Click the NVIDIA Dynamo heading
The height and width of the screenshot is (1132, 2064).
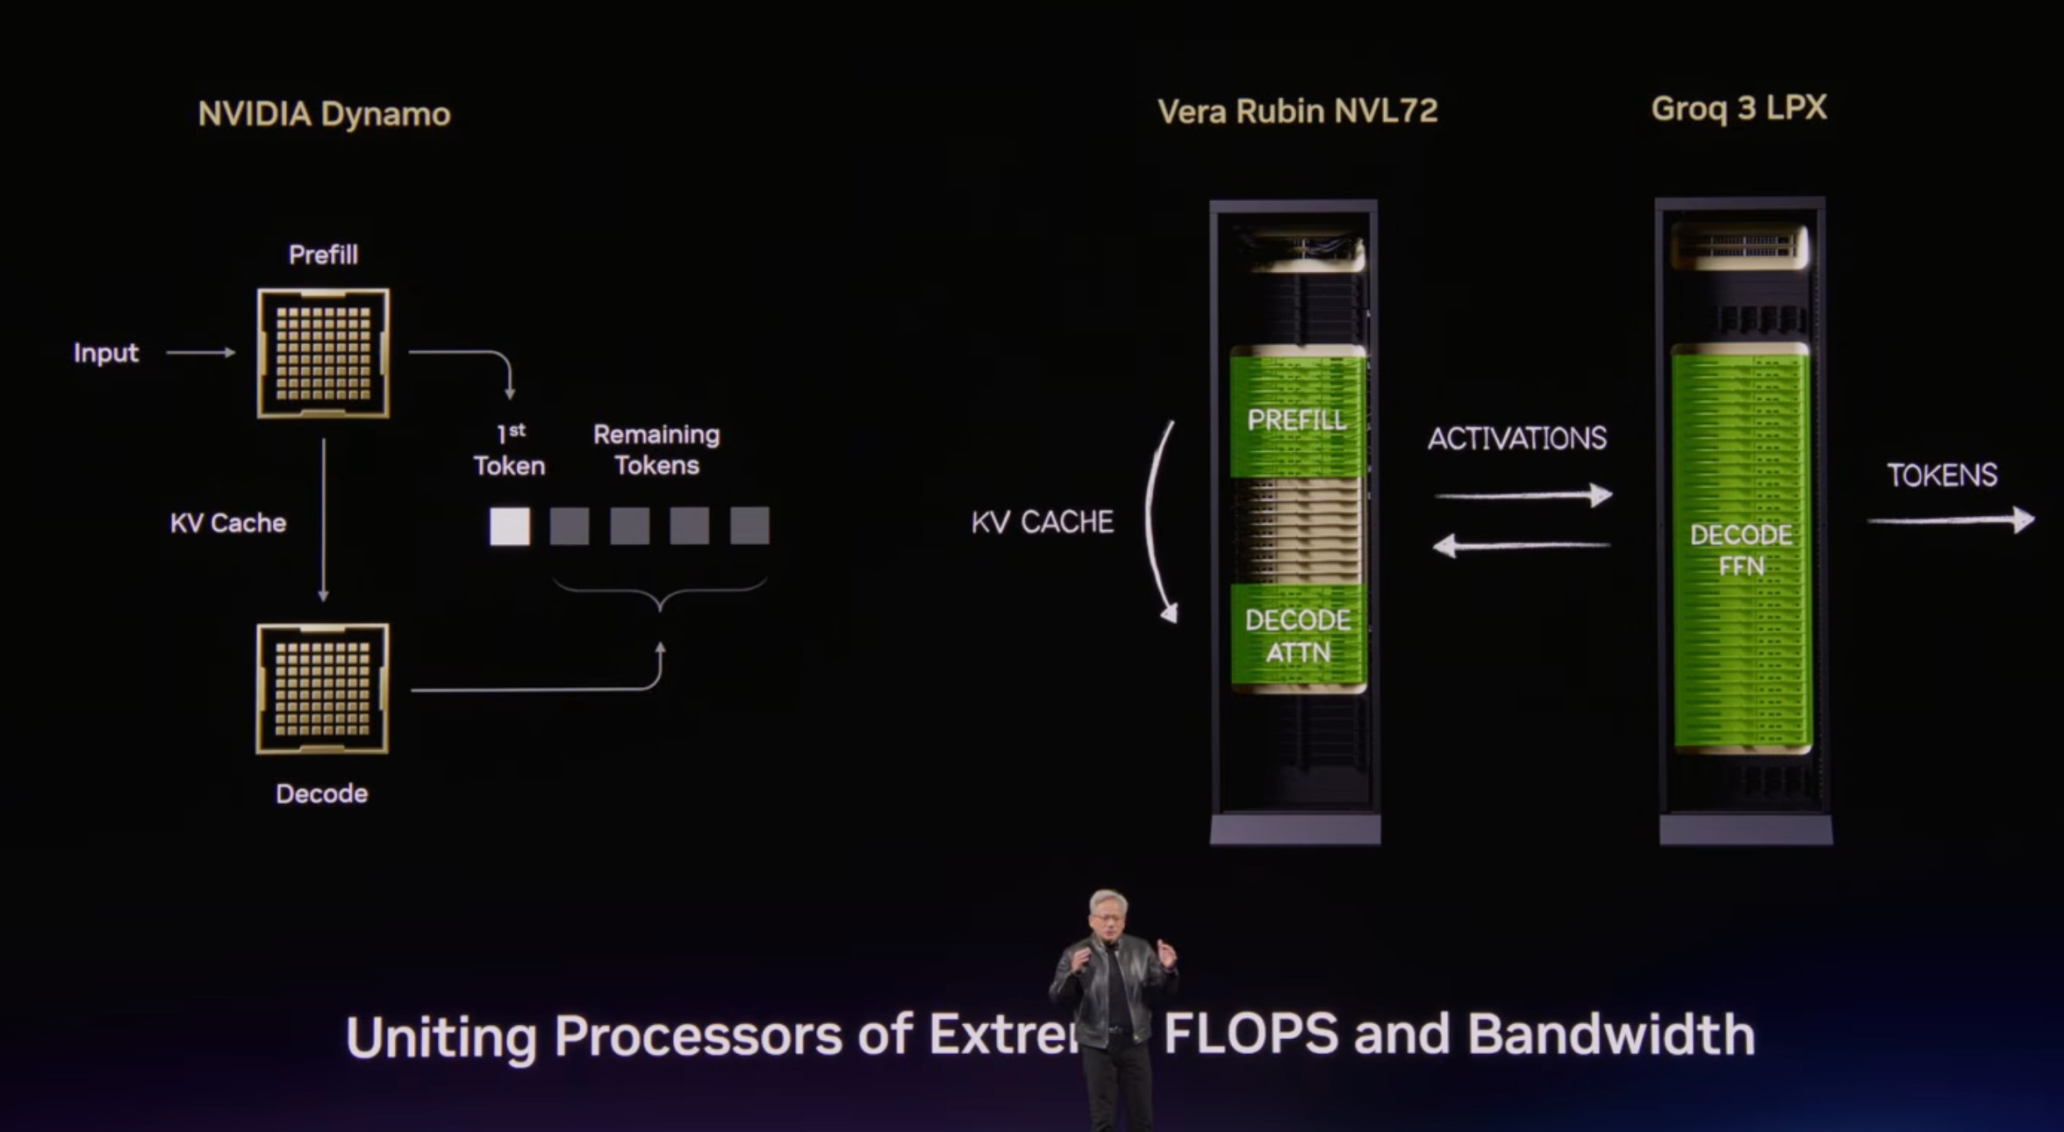[x=324, y=114]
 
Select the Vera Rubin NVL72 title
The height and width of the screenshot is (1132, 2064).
[x=1297, y=111]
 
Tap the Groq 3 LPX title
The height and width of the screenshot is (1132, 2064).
[x=1738, y=108]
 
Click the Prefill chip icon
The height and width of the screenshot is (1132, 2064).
[x=323, y=353]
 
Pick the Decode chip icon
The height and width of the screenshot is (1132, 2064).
[x=322, y=688]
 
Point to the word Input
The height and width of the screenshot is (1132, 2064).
[x=106, y=353]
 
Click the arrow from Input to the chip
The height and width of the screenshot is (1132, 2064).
[x=201, y=353]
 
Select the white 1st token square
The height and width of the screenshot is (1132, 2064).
[x=509, y=527]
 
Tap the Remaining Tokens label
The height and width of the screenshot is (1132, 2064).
[x=656, y=449]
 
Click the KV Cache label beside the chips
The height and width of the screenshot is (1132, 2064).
[x=228, y=523]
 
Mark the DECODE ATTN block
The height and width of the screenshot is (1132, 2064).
[x=1298, y=635]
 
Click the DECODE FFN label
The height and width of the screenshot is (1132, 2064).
[x=1741, y=550]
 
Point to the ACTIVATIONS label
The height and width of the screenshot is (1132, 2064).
[x=1517, y=438]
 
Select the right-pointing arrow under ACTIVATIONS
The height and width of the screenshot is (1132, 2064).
[x=1523, y=496]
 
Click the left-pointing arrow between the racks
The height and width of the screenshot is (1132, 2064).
[x=1521, y=546]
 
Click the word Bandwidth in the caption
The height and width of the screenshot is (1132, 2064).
[x=1611, y=1035]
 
